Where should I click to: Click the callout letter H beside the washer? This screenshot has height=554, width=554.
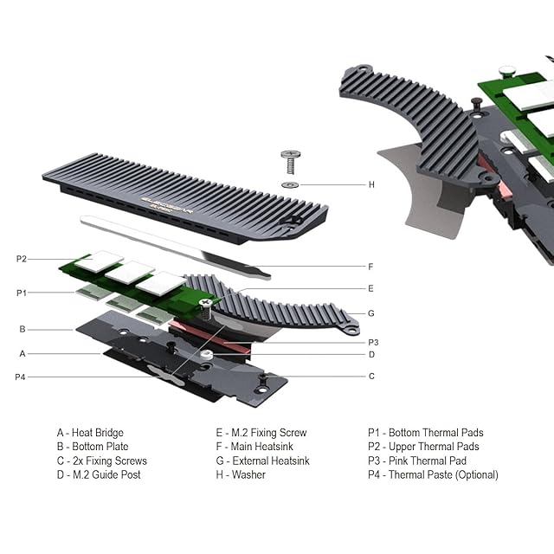pyautogui.click(x=371, y=184)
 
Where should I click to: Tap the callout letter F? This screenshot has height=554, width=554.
pyautogui.click(x=370, y=267)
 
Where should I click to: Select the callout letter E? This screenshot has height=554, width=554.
pyautogui.click(x=370, y=288)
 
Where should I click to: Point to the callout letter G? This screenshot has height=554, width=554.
pyautogui.click(x=370, y=312)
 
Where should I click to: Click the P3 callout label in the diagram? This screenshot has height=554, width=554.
pyautogui.click(x=373, y=342)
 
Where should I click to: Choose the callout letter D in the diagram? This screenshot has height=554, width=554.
pyautogui.click(x=371, y=354)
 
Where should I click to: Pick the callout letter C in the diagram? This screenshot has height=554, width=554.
pyautogui.click(x=371, y=376)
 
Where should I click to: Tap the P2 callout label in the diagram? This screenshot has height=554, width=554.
pyautogui.click(x=22, y=259)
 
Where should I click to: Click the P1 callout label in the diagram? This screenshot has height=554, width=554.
pyautogui.click(x=22, y=293)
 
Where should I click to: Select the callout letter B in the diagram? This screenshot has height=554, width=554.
pyautogui.click(x=23, y=329)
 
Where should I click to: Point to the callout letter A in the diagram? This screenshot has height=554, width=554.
pyautogui.click(x=23, y=353)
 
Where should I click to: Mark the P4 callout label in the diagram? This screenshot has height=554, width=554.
pyautogui.click(x=21, y=377)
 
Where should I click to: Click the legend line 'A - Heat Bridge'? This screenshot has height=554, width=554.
pyautogui.click(x=90, y=433)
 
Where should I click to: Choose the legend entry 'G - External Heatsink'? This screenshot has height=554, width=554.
pyautogui.click(x=262, y=461)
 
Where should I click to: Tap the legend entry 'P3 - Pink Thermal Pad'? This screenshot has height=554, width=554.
pyautogui.click(x=417, y=461)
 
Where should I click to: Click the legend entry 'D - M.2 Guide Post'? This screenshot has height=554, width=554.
pyautogui.click(x=99, y=475)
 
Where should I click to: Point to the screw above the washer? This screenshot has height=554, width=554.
pyautogui.click(x=291, y=162)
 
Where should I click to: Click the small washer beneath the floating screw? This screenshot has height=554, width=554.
pyautogui.click(x=291, y=184)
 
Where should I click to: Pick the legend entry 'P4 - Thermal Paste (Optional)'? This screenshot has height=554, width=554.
pyautogui.click(x=433, y=475)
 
